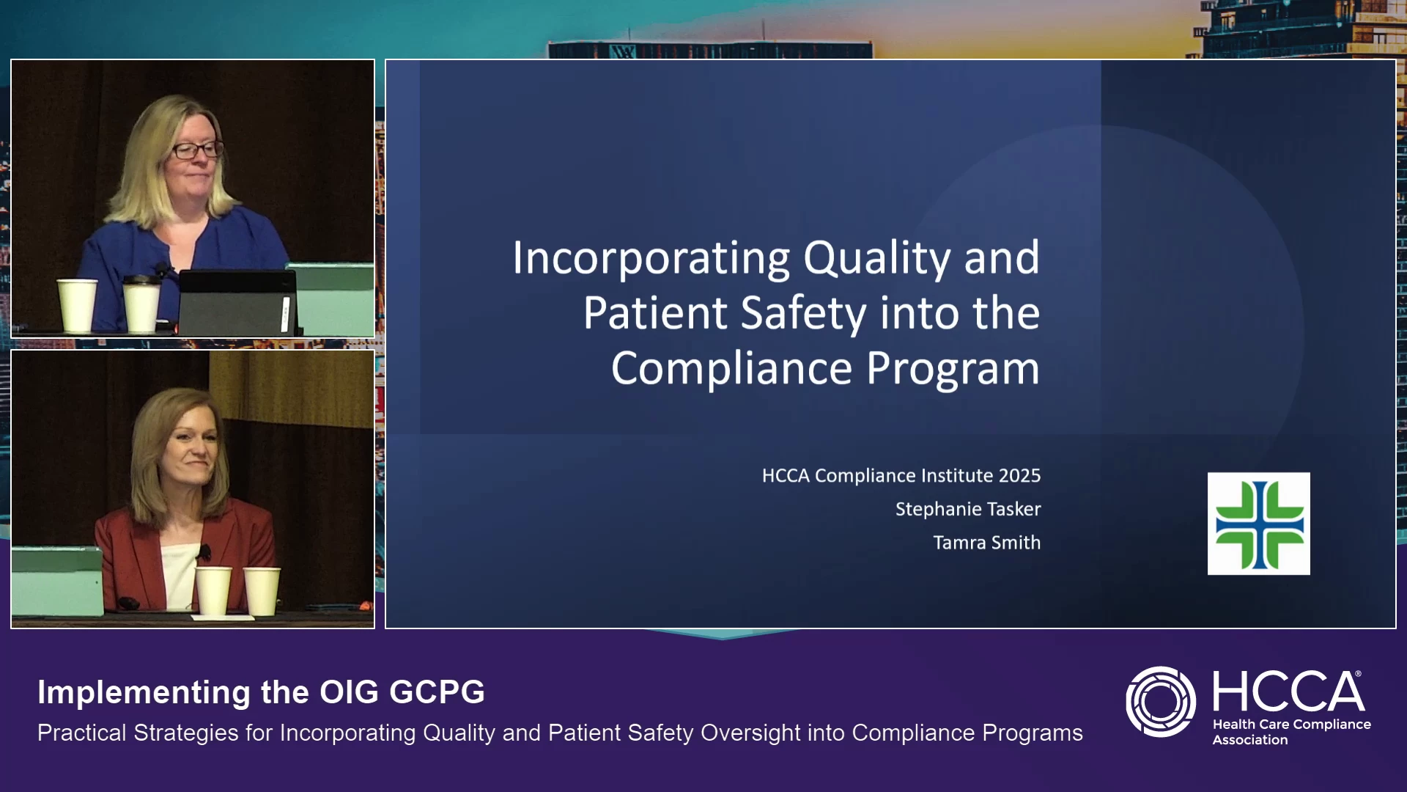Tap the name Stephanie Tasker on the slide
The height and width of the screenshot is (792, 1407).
coord(968,509)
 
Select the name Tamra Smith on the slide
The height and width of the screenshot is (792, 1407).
coord(987,543)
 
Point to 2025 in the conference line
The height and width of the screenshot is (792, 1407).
coord(1019,475)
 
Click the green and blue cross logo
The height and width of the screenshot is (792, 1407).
coord(1259,524)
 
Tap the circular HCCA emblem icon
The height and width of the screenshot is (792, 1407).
coord(1161,702)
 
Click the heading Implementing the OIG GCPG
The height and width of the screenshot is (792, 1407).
coord(261,692)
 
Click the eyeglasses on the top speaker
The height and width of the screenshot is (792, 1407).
coord(196,150)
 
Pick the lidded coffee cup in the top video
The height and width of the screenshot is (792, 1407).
coord(141,303)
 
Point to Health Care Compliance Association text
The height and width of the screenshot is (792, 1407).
coord(1291,732)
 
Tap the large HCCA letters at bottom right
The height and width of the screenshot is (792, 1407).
coord(1288,691)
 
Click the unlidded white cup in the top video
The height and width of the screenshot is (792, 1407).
coord(77,306)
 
